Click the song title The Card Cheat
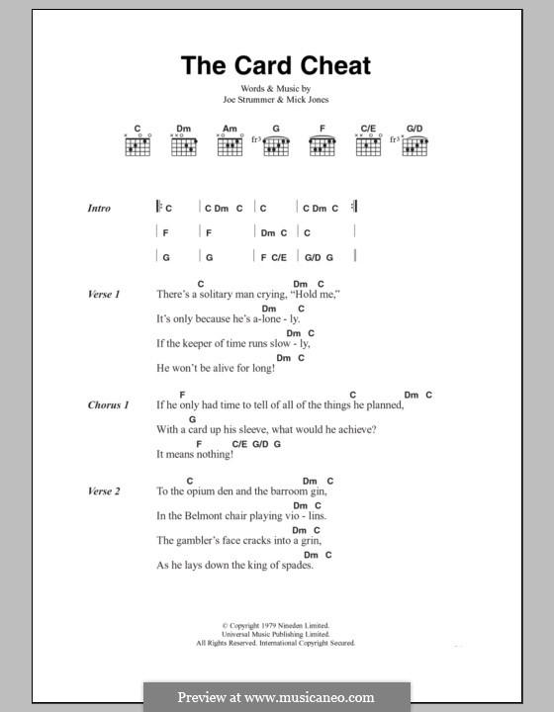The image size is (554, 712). pyautogui.click(x=276, y=65)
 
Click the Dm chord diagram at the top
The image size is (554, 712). pyautogui.click(x=184, y=145)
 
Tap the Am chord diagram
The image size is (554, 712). pyautogui.click(x=230, y=145)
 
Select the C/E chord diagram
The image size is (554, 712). pyautogui.click(x=368, y=145)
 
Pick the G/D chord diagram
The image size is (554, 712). pyautogui.click(x=415, y=145)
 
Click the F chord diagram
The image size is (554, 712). pyautogui.click(x=322, y=145)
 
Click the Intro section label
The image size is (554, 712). pyautogui.click(x=99, y=209)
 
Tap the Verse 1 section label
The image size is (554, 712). pyautogui.click(x=104, y=295)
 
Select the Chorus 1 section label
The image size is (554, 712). pyautogui.click(x=108, y=405)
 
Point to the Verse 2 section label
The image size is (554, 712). pyautogui.click(x=104, y=491)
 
